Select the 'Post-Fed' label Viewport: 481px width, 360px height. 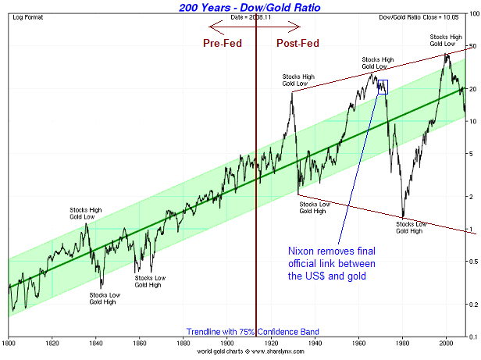pyautogui.click(x=296, y=44)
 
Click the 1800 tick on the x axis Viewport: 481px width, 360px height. pyautogui.click(x=9, y=344)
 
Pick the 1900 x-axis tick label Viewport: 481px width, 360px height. pyautogui.click(x=227, y=344)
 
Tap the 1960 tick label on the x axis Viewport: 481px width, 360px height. pyautogui.click(x=359, y=344)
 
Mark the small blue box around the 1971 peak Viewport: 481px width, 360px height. pyautogui.click(x=383, y=86)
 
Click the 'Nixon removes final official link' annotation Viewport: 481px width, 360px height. pyautogui.click(x=333, y=263)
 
